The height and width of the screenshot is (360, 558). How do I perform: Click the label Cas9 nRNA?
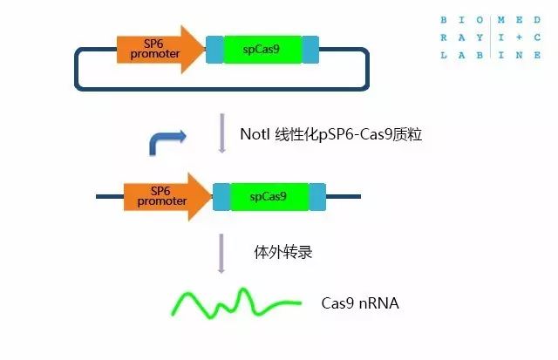[360, 302]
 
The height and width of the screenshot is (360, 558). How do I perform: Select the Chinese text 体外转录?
[283, 253]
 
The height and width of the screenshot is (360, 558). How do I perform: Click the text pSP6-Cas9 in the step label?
[352, 133]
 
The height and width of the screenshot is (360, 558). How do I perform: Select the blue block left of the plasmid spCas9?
[214, 49]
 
